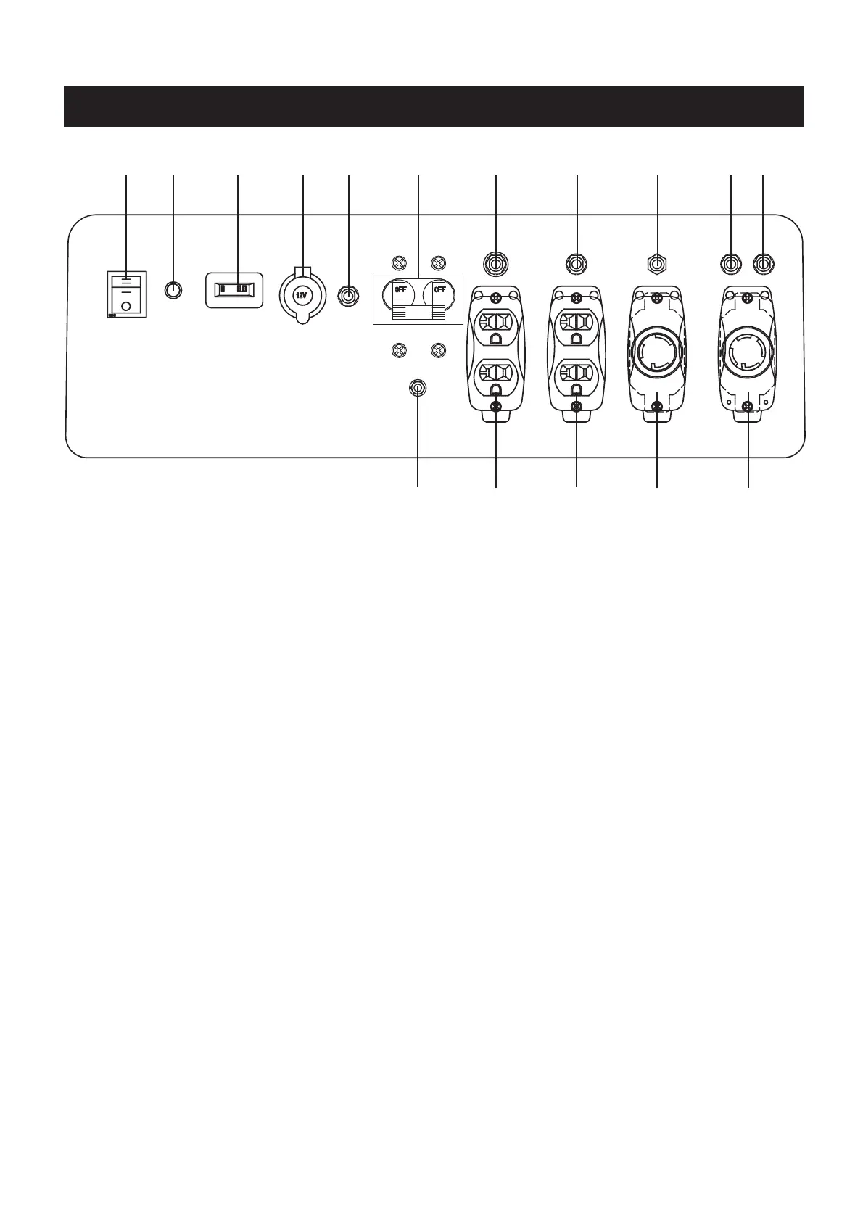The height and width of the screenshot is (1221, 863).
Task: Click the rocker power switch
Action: tap(127, 294)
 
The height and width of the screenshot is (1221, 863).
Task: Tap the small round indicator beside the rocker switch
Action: tap(173, 290)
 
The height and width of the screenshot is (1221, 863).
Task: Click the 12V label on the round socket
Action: tap(302, 296)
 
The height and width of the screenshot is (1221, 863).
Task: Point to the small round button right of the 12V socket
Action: tap(349, 295)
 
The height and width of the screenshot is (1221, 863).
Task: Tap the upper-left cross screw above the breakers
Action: tap(397, 262)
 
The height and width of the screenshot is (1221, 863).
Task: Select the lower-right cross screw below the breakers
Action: tap(437, 351)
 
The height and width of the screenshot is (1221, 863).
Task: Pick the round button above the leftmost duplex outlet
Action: tap(495, 262)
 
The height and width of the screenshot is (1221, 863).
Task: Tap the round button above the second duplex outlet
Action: tap(576, 262)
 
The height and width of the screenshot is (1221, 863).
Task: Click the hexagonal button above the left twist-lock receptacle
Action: tap(656, 262)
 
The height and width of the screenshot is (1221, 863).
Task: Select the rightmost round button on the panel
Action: tap(764, 262)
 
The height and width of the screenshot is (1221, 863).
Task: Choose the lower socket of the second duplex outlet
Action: tap(576, 376)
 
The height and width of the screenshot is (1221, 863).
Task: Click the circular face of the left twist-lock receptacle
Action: tap(656, 352)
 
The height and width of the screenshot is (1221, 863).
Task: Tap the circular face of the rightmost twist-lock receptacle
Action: tap(747, 352)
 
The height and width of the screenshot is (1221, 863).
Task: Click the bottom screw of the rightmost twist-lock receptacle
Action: tap(748, 414)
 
